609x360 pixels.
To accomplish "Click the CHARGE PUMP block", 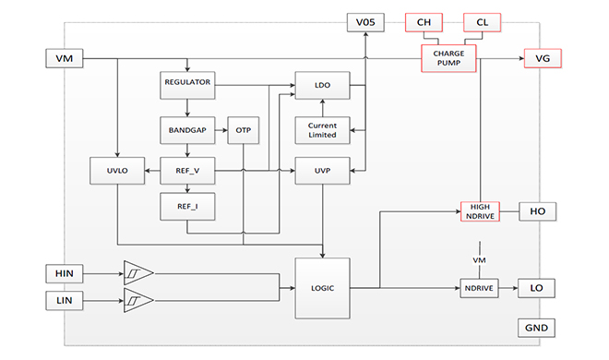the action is coord(448,58).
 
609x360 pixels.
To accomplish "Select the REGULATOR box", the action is coord(187,85).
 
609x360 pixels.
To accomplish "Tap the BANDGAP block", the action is coord(187,130).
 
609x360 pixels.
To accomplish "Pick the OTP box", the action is coord(243,130).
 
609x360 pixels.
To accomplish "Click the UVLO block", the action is coord(117,171).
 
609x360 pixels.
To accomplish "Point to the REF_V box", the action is coord(187,171).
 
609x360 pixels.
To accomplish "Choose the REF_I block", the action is coord(187,207).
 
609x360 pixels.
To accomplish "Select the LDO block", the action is coord(322,85).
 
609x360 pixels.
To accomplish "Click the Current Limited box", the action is coord(322,130).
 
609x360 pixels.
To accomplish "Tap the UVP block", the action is coord(322,171).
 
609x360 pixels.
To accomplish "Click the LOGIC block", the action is coord(322,288).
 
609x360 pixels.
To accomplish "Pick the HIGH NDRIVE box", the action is coord(480,211).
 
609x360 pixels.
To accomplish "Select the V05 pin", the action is coord(365,22).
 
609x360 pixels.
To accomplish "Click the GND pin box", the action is coord(536,328).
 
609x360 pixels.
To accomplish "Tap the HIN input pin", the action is coord(64,273).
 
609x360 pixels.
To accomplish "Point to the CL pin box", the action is coord(482,22).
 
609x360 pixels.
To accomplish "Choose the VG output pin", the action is coord(543,58).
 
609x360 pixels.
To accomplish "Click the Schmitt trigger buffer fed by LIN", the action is coord(137,300).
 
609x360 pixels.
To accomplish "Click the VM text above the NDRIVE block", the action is coord(479,260).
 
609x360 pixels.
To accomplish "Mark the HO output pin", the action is coord(538,211).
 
